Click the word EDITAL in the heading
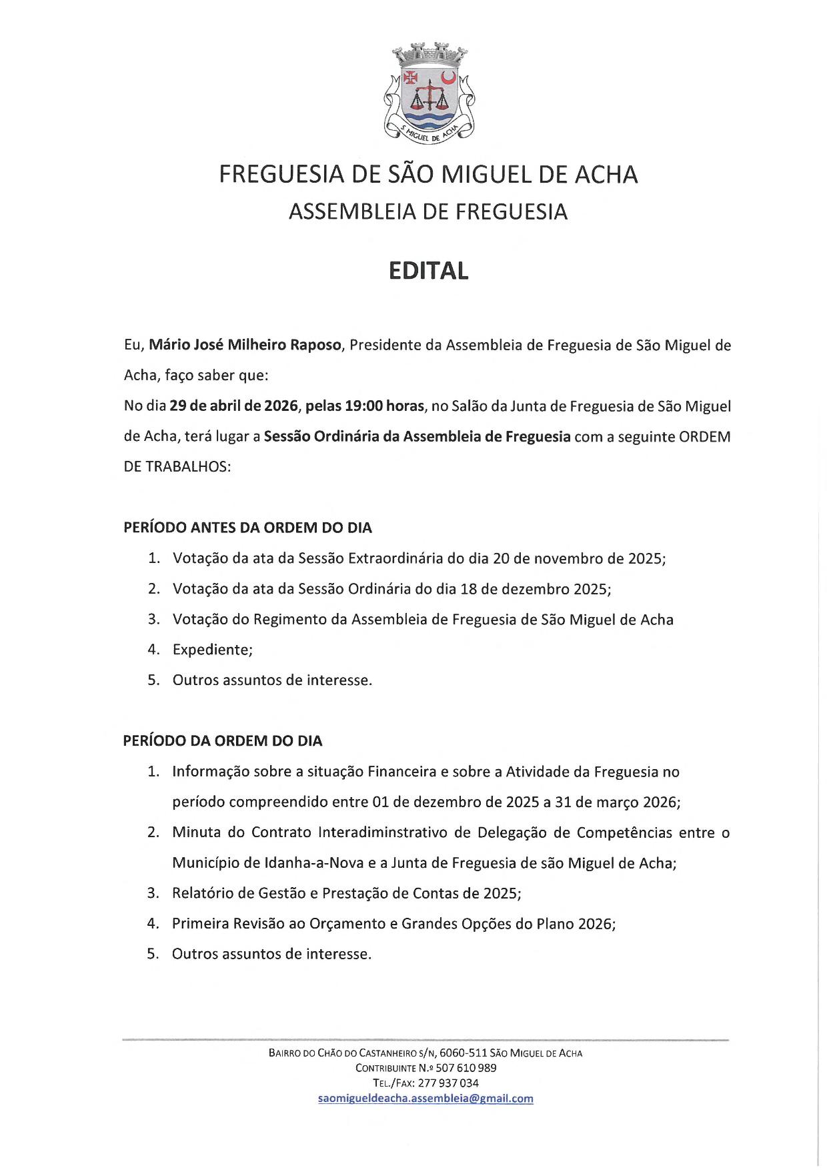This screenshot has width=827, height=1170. pyautogui.click(x=429, y=271)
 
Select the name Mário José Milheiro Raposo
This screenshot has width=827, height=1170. pyautogui.click(x=245, y=346)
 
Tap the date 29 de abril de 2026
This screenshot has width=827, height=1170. pyautogui.click(x=233, y=406)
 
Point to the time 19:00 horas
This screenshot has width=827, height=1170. pyautogui.click(x=384, y=406)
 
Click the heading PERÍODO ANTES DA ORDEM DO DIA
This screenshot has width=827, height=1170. pyautogui.click(x=247, y=528)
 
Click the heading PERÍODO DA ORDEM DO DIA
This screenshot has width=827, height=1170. pyautogui.click(x=223, y=741)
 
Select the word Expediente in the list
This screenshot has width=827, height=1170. pyautogui.click(x=211, y=650)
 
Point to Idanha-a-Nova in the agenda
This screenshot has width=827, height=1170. pyautogui.click(x=313, y=863)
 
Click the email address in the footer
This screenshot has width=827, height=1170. pyautogui.click(x=426, y=1099)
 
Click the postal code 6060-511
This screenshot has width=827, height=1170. pyautogui.click(x=463, y=1053)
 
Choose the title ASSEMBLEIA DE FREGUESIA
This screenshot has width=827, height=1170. pyautogui.click(x=428, y=212)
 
